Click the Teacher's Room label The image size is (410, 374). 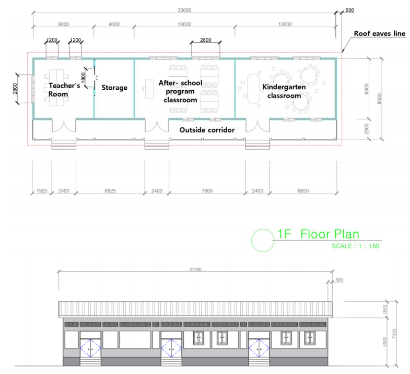[x=64, y=90]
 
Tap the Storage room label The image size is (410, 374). [x=114, y=88]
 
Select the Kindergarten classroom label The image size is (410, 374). [x=284, y=91]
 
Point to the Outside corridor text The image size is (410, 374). [x=207, y=130]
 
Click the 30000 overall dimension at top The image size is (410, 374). [x=184, y=10]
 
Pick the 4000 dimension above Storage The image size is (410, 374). [x=114, y=25]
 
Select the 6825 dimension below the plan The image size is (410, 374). [x=110, y=191]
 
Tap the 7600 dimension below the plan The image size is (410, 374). [x=207, y=191]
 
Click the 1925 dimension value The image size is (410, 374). [x=42, y=191]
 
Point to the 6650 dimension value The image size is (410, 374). [x=303, y=191]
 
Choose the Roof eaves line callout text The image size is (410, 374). [x=380, y=33]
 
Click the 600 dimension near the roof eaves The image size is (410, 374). [x=349, y=10]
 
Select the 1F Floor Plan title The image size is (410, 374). [x=318, y=234]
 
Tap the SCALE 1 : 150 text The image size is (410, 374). [x=356, y=246]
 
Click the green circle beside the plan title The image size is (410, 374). [x=252, y=240]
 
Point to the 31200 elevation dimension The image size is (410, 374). [x=195, y=270]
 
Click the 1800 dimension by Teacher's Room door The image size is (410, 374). [x=84, y=77]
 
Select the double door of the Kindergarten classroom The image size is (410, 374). [x=257, y=126]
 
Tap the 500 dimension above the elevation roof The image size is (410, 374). [x=339, y=280]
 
